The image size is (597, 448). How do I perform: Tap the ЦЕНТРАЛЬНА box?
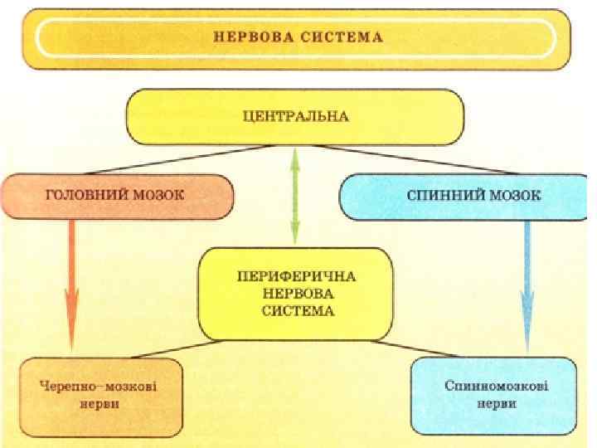(x=295, y=117)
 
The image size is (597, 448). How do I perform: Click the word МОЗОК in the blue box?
(x=516, y=196)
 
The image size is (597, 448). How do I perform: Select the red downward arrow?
(x=72, y=282)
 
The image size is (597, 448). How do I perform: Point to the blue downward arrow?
(x=527, y=282)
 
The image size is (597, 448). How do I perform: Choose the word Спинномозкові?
(x=496, y=387)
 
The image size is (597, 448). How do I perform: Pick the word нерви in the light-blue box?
(x=496, y=404)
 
